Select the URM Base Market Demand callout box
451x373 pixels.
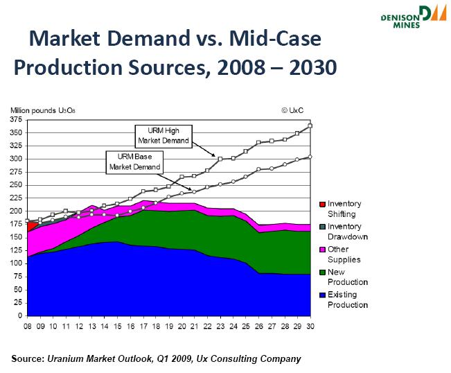pyautogui.click(x=133, y=162)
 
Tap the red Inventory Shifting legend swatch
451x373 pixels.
pyautogui.click(x=321, y=205)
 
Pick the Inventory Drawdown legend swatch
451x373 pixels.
pyautogui.click(x=321, y=227)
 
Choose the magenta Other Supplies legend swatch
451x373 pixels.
pyautogui.click(x=321, y=250)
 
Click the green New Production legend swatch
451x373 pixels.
pyautogui.click(x=321, y=272)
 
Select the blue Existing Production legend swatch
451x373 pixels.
pyautogui.click(x=321, y=295)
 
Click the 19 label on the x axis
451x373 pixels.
pyautogui.click(x=168, y=324)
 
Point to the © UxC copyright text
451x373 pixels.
pyautogui.click(x=292, y=110)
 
